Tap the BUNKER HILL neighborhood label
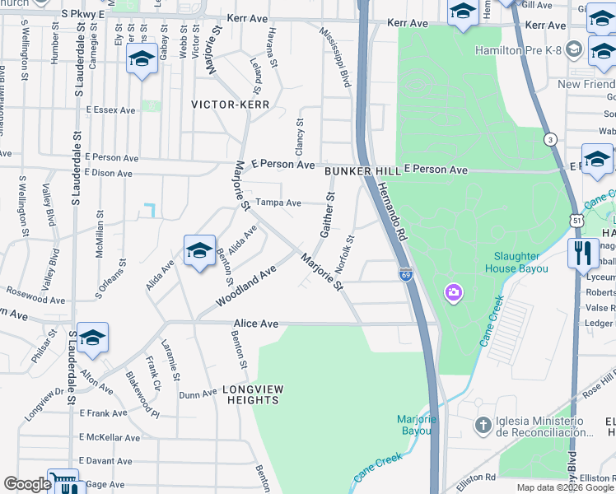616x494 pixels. [x=362, y=170]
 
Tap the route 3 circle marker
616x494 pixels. [x=549, y=140]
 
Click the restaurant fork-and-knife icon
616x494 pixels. [x=583, y=252]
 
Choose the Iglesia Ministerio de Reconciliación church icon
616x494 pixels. [x=484, y=426]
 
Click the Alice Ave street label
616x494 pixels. [x=256, y=324]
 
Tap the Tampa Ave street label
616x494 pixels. [x=278, y=202]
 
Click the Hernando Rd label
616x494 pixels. [x=393, y=210]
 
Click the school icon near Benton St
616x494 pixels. [x=199, y=250]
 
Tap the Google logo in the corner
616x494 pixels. [x=27, y=484]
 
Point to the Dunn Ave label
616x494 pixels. [x=198, y=394]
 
